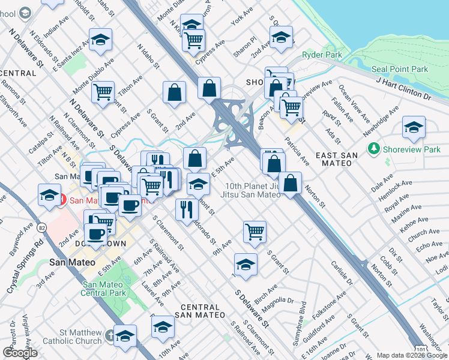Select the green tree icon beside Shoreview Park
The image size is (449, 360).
pyautogui.click(x=375, y=148)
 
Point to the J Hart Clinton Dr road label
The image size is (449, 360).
pyautogui.click(x=403, y=88)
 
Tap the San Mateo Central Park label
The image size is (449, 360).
pyautogui.click(x=105, y=289)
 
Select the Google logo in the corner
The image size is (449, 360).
pyautogui.click(x=20, y=353)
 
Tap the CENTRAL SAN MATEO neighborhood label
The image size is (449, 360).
pyautogui.click(x=201, y=311)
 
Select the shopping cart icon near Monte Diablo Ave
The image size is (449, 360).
pyautogui.click(x=104, y=92)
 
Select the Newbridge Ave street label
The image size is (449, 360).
pyautogui.click(x=384, y=121)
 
